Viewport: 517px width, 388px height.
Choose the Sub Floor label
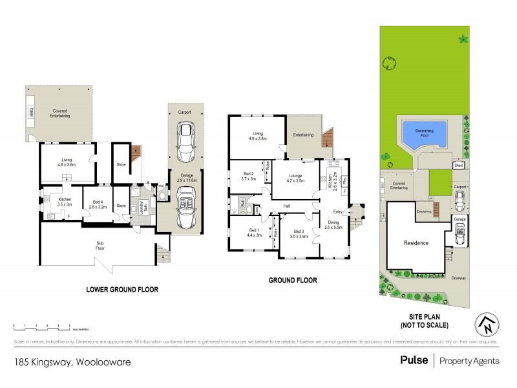100,245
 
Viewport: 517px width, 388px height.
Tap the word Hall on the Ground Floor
286,207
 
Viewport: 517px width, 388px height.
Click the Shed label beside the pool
459,166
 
